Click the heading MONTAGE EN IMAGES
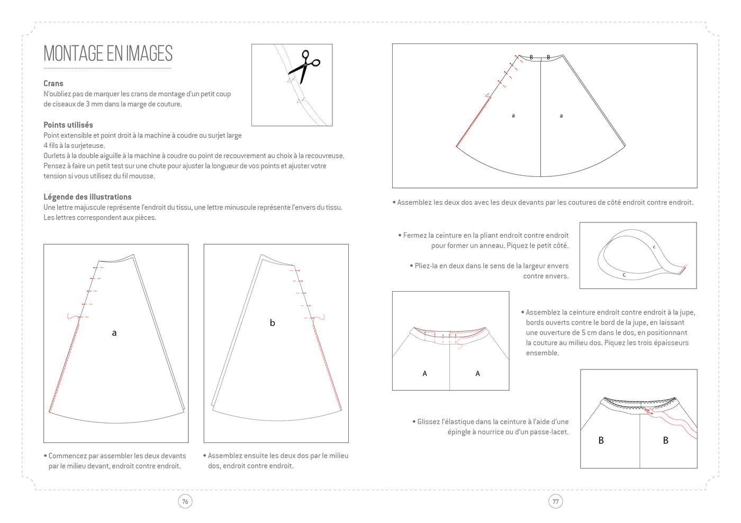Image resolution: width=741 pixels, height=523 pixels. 108,53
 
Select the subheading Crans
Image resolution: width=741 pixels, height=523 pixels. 53,83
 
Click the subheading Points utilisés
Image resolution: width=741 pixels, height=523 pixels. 68,125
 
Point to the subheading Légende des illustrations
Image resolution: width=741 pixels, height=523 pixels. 87,197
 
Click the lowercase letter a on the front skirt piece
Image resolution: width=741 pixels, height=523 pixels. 114,333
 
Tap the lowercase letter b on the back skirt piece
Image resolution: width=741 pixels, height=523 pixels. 273,323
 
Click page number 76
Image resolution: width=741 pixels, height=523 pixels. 185,501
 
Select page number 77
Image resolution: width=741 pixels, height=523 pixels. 555,501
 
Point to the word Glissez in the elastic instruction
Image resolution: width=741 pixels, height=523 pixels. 429,422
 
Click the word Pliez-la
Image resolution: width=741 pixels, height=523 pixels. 428,266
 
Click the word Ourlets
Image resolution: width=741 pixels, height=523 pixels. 56,156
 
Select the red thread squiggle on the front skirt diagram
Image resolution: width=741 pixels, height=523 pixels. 73,317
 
